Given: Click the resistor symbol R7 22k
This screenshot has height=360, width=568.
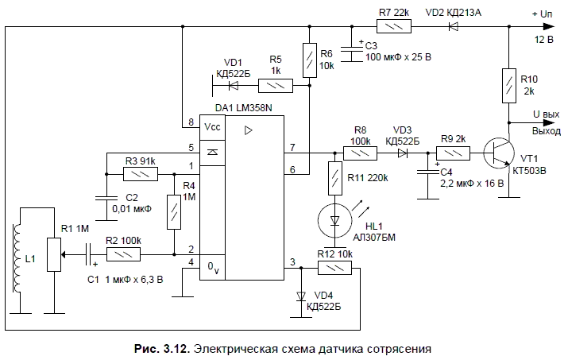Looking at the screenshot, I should point(395,26).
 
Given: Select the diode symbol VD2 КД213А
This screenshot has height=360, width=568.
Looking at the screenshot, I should point(454,26).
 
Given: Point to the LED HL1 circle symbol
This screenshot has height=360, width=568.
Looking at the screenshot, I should point(334,221).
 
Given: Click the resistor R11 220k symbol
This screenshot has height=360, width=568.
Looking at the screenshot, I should point(334,177).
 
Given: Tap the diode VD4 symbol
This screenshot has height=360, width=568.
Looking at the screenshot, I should point(301,296).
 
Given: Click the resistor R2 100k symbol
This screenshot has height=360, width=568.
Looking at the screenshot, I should point(124,254).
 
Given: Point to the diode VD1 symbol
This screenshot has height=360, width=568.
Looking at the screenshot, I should point(234,85).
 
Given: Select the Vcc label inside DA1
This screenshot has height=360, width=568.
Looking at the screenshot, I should point(211,127).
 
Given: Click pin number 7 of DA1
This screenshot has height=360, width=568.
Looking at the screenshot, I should point(292,147).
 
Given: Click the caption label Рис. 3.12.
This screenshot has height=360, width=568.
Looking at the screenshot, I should point(164,347).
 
